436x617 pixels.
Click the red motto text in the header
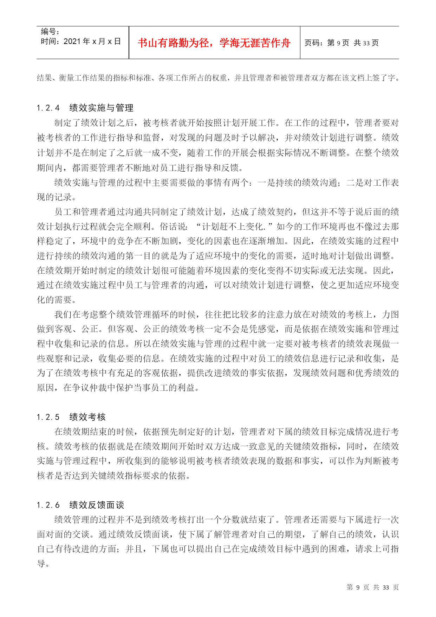coord(214,43)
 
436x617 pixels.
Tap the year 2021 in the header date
coord(72,42)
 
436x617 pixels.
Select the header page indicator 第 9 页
coord(338,43)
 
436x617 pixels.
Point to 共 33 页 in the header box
coord(366,43)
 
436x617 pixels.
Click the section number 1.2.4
coord(48,108)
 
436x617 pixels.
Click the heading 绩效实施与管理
coord(102,108)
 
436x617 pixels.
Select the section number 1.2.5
coord(48,417)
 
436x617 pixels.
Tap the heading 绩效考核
coord(87,417)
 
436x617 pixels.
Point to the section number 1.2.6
coord(48,505)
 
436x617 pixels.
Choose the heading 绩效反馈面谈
coord(97,505)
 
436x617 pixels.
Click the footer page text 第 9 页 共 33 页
coord(372,587)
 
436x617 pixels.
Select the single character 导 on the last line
coord(41,564)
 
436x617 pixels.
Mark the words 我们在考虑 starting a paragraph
coord(76,314)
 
